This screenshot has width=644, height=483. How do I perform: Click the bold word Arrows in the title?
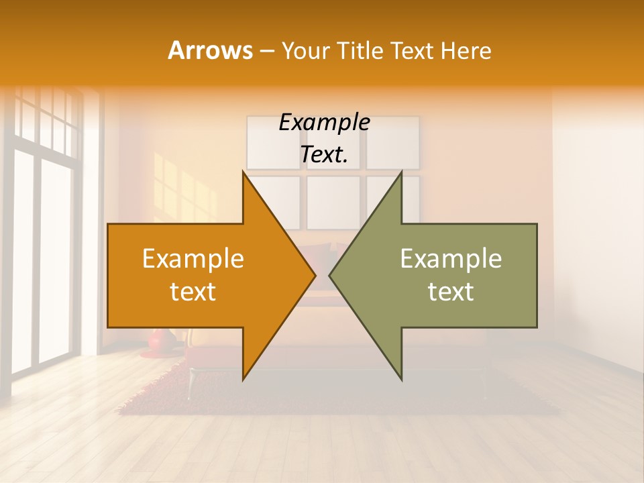[211, 50]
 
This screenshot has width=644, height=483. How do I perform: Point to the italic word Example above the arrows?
[324, 123]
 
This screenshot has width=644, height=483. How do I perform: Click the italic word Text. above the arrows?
[324, 155]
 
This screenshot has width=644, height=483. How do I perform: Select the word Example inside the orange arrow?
[193, 259]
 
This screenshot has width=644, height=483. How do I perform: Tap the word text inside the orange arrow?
[193, 291]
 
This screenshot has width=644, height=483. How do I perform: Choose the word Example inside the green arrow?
[451, 259]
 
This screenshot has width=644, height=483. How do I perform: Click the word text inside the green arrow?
[451, 291]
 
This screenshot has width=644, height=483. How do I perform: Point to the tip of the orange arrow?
[315, 275]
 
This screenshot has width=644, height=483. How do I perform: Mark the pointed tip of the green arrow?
[329, 275]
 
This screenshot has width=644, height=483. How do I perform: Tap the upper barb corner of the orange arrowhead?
[244, 172]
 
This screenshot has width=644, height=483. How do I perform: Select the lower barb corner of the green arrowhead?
[401, 380]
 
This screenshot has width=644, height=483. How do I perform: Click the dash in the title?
[266, 51]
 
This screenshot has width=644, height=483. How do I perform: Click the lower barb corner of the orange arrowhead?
[244, 380]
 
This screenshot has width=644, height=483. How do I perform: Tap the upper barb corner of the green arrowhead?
[401, 172]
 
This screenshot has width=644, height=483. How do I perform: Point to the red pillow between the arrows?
[322, 258]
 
